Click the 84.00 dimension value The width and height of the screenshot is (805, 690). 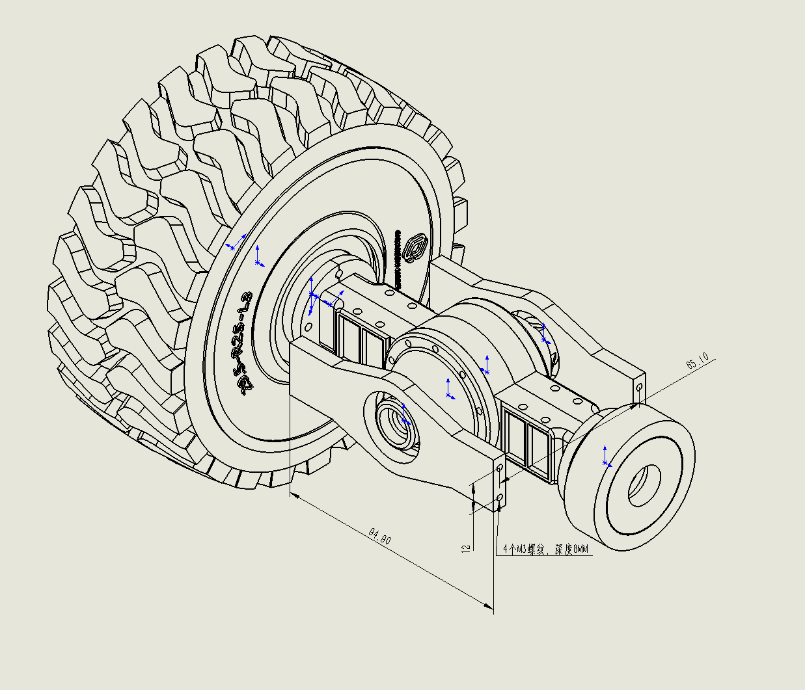380,538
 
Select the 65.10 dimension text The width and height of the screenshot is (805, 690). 698,362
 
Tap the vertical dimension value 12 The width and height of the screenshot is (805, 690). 465,548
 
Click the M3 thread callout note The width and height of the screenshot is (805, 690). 545,550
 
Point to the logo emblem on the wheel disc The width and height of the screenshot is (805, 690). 413,248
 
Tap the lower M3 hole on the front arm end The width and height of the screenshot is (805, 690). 499,498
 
